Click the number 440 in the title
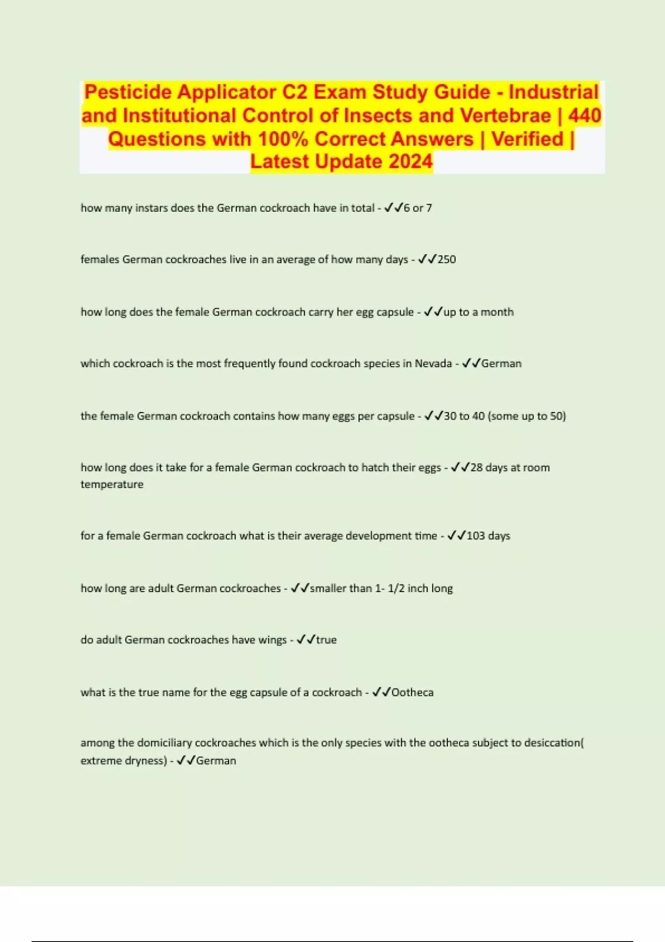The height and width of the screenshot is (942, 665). point(584,115)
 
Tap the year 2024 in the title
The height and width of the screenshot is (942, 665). point(410,162)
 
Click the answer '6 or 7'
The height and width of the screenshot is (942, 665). point(418,208)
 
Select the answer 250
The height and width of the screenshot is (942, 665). point(447,259)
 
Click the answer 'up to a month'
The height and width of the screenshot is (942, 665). point(479,312)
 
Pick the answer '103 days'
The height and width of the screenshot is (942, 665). point(488,536)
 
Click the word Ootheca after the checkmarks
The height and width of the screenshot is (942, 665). point(412,692)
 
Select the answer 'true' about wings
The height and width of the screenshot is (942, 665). point(326,640)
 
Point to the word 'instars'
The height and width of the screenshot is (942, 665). point(151,208)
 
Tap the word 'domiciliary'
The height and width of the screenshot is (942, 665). point(165,743)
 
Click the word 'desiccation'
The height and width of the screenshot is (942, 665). point(551,743)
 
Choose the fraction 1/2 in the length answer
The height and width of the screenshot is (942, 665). point(396,588)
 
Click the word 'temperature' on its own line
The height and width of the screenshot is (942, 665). point(112,484)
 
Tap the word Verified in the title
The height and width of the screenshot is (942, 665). point(528,139)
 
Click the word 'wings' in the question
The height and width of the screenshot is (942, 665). point(272,640)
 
